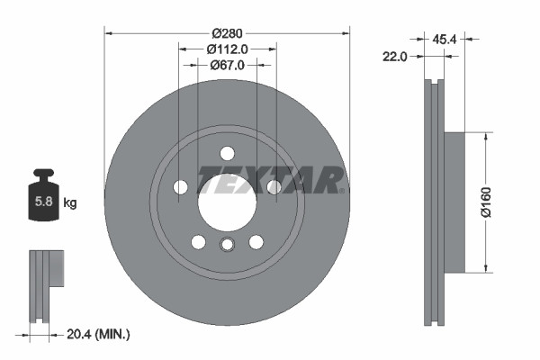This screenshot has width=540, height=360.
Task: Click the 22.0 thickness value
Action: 396,56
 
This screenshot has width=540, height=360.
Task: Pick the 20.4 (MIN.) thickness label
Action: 99,335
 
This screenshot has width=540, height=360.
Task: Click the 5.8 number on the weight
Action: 43,202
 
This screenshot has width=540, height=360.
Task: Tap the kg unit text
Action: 70,203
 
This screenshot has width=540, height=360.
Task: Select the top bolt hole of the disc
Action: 227,152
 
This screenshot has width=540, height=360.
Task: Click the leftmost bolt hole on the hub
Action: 180,187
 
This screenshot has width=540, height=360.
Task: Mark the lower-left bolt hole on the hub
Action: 198,241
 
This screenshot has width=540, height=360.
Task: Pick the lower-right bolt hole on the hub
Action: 256,241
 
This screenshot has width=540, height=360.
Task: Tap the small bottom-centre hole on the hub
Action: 227,245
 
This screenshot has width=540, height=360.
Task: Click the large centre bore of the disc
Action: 226,198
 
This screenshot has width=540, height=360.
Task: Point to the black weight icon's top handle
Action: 43,175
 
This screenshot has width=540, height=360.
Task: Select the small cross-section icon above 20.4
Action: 46,270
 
